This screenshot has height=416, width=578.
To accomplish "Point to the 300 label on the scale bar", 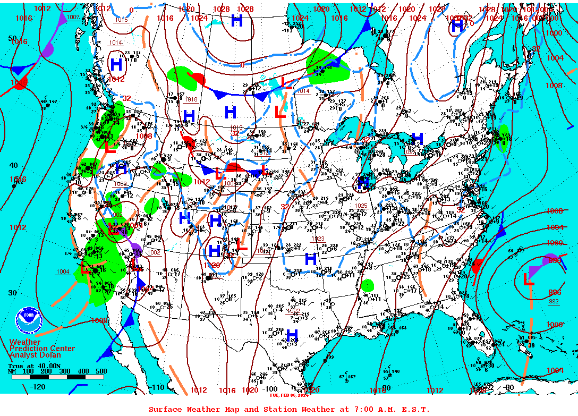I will [x=62, y=371].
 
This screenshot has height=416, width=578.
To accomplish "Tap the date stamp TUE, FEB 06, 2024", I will [x=288, y=395].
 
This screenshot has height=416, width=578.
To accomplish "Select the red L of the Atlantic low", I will [x=529, y=278].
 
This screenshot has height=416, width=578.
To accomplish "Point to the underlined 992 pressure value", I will [x=554, y=302].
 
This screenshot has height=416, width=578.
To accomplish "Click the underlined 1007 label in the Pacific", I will [x=73, y=17].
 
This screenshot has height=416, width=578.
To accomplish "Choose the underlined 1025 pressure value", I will [x=361, y=206].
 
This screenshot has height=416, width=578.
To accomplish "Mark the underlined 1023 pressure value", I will [x=317, y=239].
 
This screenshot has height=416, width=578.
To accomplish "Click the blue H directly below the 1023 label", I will [x=311, y=259].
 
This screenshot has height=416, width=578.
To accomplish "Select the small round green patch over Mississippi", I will [x=367, y=285].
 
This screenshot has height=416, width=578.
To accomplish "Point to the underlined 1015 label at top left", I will [x=121, y=20].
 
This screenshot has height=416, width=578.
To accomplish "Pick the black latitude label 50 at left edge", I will [x=12, y=38].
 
